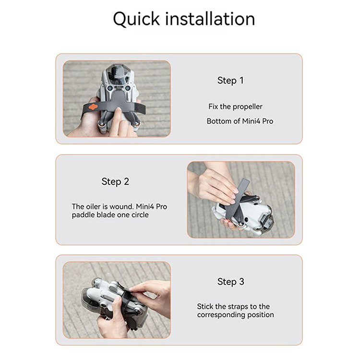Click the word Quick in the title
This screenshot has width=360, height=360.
coord(136,19)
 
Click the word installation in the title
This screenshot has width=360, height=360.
coord(210,19)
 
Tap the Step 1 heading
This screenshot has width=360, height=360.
coord(230,81)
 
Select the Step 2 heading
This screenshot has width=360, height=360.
coord(115,181)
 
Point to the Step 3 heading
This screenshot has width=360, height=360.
coord(231,282)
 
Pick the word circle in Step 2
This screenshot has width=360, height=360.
coord(140,215)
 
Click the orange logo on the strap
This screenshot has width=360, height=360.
coord(93,107)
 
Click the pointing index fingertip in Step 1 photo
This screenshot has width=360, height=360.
coord(118,110)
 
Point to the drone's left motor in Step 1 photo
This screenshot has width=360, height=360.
coord(101,124)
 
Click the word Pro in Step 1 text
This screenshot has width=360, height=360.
coord(267,121)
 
